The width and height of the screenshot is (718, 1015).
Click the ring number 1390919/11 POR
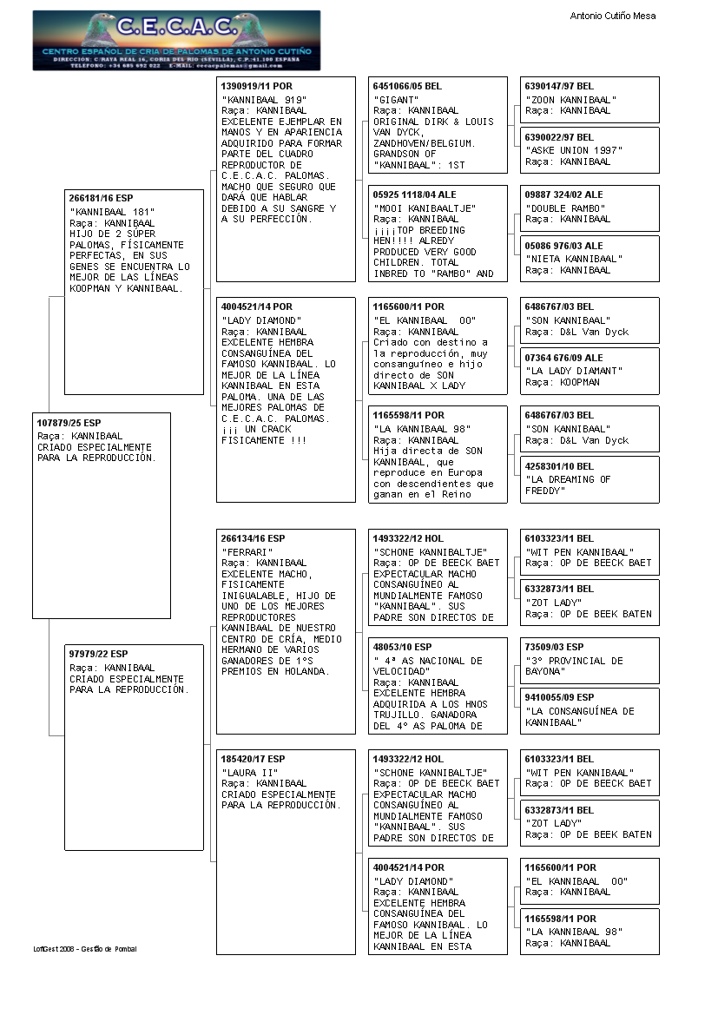pyautogui.click(x=257, y=87)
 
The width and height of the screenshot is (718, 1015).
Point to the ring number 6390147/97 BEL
pyautogui.click(x=559, y=87)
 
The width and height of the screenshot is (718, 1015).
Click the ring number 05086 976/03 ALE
pyautogui.click(x=563, y=246)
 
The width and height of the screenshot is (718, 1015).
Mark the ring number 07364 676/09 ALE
pyautogui.click(x=563, y=358)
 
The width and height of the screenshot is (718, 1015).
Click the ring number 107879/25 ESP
pyautogui.click(x=69, y=423)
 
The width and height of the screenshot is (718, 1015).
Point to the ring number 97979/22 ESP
pyautogui.click(x=98, y=654)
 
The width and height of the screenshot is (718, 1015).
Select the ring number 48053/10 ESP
pyautogui.click(x=402, y=647)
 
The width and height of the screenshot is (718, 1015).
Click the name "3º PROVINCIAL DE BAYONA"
pyautogui.click(x=574, y=666)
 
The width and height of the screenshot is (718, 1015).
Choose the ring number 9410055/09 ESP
pyautogui.click(x=559, y=697)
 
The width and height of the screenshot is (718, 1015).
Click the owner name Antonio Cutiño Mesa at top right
pyautogui.click(x=612, y=16)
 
